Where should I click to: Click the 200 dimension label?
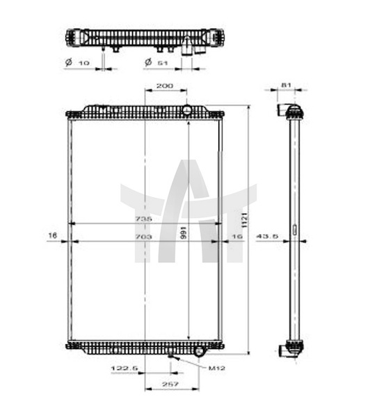click(165, 86)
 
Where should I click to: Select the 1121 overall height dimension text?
click(245, 220)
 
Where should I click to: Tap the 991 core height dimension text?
click(183, 233)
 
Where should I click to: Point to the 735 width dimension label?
click(143, 219)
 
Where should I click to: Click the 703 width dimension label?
click(143, 236)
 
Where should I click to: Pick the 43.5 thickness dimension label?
click(267, 236)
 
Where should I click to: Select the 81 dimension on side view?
click(286, 85)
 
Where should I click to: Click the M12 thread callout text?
click(217, 368)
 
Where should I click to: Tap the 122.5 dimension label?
click(124, 368)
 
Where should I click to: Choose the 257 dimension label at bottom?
click(170, 384)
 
